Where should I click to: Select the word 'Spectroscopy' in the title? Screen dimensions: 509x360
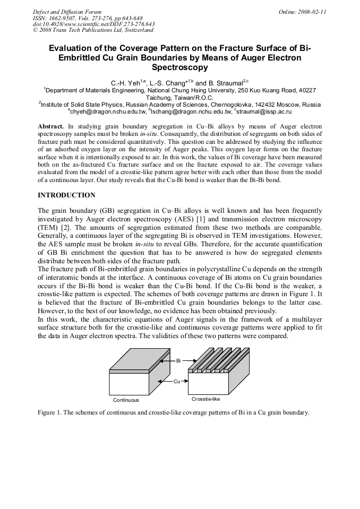pos(179,68)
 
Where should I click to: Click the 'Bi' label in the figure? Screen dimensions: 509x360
pos(178,360)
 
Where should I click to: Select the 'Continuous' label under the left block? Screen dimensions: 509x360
pos(126,400)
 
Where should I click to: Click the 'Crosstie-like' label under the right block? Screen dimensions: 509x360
pos(205,399)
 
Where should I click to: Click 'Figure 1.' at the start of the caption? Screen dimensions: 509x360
pos(52,412)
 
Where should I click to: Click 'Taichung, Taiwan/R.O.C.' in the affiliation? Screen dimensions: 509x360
pos(179,98)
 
